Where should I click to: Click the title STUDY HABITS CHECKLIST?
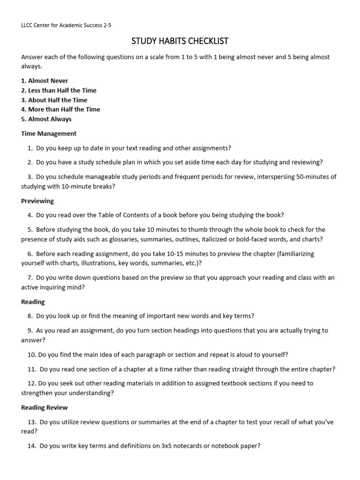coord(180,41)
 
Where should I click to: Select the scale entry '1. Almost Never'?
coord(45,81)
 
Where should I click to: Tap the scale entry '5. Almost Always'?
coord(46,119)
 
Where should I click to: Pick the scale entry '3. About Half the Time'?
coord(54,100)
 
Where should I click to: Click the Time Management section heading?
coord(49,134)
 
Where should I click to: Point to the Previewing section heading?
coord(37,201)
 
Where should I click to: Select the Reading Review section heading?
coord(45,407)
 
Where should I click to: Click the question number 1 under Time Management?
coord(30,148)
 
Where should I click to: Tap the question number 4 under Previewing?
coord(30,215)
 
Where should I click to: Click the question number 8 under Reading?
coord(30,316)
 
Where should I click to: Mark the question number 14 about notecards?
coord(31,446)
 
